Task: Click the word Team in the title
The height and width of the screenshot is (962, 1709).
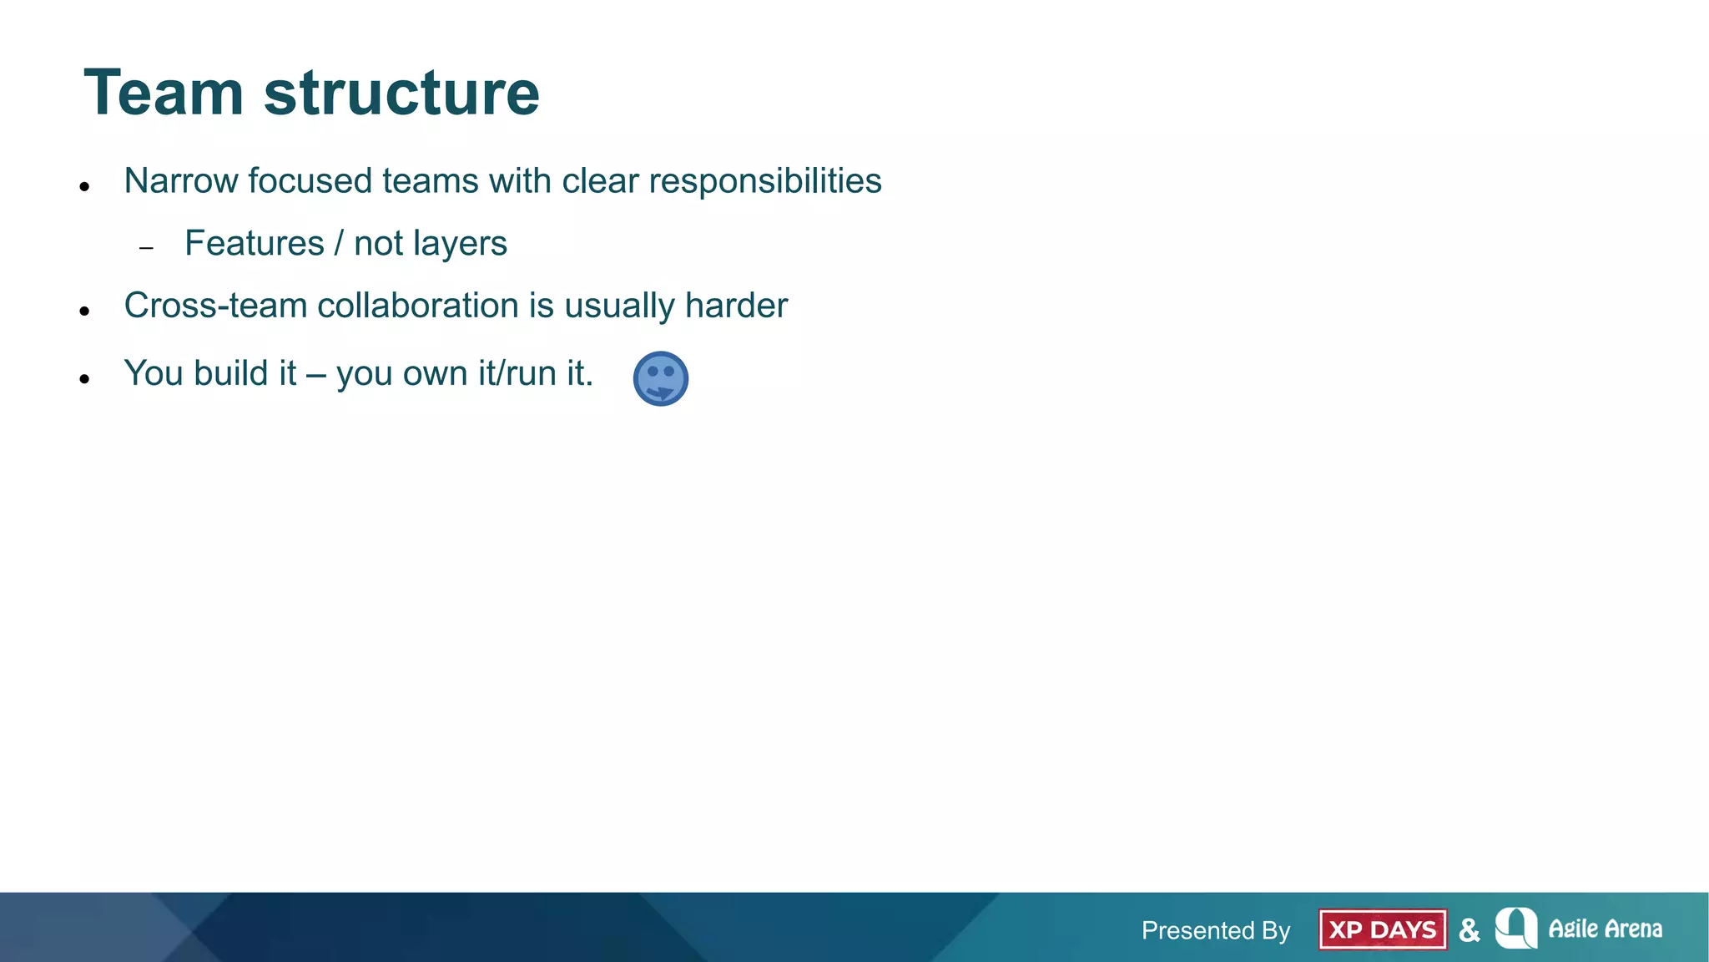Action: (x=164, y=93)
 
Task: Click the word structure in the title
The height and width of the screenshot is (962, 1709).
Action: (x=401, y=93)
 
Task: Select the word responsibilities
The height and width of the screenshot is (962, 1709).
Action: (x=764, y=181)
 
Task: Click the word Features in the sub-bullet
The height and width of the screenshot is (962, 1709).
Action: (x=254, y=244)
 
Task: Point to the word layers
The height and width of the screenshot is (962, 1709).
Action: (x=466, y=244)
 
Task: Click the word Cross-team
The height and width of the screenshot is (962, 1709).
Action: (x=215, y=306)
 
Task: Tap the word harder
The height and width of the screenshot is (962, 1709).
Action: (x=735, y=306)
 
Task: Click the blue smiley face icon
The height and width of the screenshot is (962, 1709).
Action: (x=660, y=378)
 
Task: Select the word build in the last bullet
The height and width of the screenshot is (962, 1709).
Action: (x=230, y=373)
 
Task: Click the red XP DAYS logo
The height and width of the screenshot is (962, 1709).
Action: (x=1383, y=929)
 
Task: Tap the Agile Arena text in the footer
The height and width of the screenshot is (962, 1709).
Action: (x=1604, y=929)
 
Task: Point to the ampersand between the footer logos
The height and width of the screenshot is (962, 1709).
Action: (x=1469, y=929)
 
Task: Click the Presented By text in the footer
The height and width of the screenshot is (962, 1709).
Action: (x=1215, y=930)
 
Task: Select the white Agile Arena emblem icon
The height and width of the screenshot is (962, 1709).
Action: (x=1515, y=928)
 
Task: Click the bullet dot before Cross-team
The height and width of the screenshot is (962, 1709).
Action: (x=84, y=311)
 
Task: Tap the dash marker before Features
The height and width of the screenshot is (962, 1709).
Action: (x=147, y=248)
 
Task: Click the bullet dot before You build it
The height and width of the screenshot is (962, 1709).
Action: (x=84, y=379)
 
